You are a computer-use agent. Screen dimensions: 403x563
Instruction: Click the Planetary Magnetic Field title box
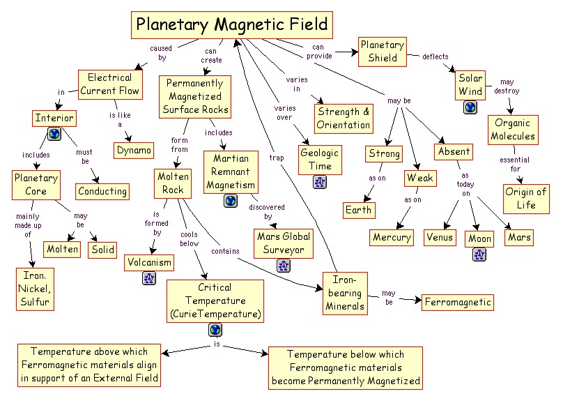(x=231, y=25)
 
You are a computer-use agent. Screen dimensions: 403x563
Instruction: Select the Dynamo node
(x=134, y=150)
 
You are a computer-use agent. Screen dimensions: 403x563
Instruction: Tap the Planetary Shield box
(x=382, y=52)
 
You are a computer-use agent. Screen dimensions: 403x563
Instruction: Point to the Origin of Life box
(x=526, y=198)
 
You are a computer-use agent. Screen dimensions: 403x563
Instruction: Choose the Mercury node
(x=392, y=237)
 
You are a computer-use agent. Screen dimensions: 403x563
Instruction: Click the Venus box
(x=440, y=237)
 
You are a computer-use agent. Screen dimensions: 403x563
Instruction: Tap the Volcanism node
(x=149, y=262)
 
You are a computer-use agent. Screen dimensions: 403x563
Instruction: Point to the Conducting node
(x=102, y=190)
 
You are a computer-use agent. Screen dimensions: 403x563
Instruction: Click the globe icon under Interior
(x=54, y=134)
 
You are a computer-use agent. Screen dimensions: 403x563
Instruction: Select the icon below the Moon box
(x=479, y=254)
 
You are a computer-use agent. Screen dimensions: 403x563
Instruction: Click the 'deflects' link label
(x=435, y=56)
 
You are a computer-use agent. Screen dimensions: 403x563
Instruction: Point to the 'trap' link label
(x=277, y=158)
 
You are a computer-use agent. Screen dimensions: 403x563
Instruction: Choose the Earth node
(x=359, y=210)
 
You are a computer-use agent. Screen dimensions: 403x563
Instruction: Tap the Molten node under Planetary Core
(x=63, y=249)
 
